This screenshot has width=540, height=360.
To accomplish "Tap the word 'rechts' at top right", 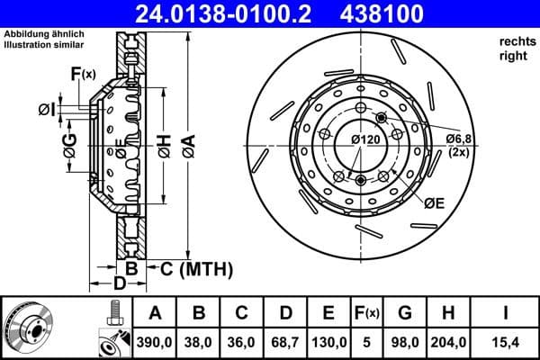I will pyautogui.click(x=513, y=41).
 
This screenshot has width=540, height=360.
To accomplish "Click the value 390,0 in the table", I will pyautogui.click(x=156, y=342).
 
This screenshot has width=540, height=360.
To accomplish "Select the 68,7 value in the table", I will pyautogui.click(x=285, y=342).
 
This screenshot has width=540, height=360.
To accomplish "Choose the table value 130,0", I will pyautogui.click(x=328, y=342).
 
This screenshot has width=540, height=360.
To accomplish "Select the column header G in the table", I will pyautogui.click(x=404, y=313).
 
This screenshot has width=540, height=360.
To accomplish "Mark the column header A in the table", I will pyautogui.click(x=156, y=313).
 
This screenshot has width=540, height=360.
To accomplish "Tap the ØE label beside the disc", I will pyautogui.click(x=435, y=204).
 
